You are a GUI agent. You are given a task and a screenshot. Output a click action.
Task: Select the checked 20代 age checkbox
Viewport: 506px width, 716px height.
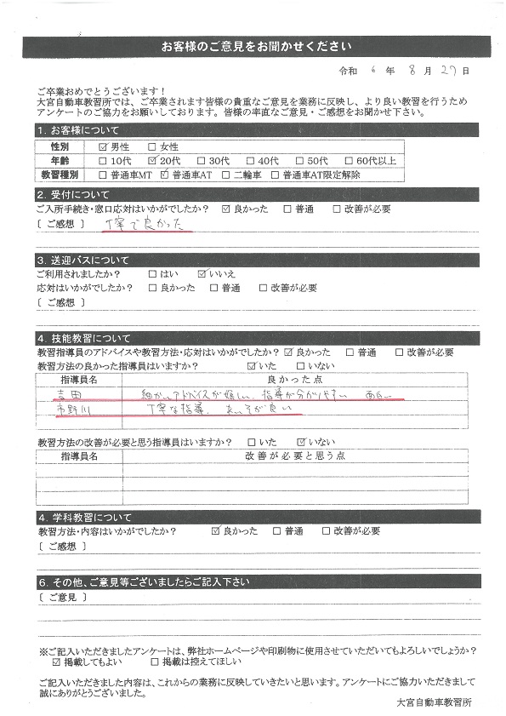[x=152, y=160]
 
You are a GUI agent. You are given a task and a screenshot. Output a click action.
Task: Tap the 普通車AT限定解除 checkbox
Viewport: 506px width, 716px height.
[x=276, y=174]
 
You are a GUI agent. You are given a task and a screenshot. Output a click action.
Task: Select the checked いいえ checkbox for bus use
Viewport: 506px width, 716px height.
[x=202, y=274]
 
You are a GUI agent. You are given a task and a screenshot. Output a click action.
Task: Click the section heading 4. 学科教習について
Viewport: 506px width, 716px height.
[x=85, y=517]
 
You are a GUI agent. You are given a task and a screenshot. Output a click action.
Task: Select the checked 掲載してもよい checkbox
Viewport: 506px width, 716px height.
[x=57, y=661]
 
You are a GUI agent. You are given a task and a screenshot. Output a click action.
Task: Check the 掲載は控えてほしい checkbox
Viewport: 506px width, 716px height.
[x=154, y=661]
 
